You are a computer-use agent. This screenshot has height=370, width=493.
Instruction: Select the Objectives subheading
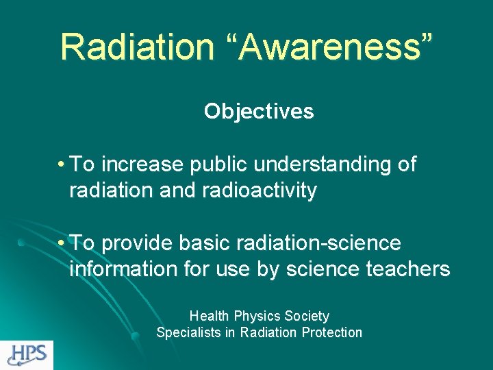click(x=259, y=111)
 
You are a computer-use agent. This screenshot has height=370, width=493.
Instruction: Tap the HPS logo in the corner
click(x=27, y=355)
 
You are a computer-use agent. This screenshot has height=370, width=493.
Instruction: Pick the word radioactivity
click(x=260, y=191)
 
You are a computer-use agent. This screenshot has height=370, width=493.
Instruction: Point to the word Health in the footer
click(x=210, y=316)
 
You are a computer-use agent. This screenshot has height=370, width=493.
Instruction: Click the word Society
click(x=307, y=316)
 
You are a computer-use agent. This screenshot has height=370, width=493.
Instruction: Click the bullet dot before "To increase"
click(x=62, y=165)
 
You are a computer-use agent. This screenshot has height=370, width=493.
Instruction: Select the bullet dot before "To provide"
click(x=62, y=244)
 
